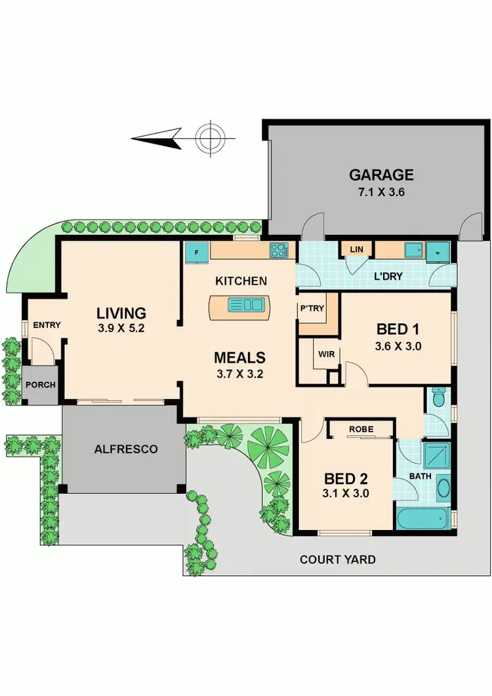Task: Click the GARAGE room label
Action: click(380, 174)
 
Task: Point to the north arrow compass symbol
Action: click(210, 138)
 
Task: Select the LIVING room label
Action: click(121, 312)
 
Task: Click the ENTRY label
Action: click(47, 325)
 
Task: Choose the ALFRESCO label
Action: click(116, 449)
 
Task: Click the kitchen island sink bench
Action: click(239, 305)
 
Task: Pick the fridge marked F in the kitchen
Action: click(196, 251)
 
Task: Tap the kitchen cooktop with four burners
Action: click(278, 250)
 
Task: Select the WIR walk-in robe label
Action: click(327, 354)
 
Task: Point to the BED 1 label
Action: click(398, 329)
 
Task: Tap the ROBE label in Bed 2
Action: click(361, 429)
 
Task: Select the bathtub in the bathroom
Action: click(423, 518)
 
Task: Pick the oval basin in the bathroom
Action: click(443, 489)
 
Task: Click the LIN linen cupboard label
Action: click(356, 249)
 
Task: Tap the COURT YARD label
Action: click(337, 560)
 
